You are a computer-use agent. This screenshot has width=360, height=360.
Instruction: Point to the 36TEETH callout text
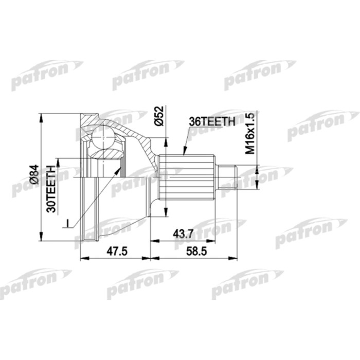coord(211,121)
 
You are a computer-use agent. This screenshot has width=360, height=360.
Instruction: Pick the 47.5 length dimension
coord(115,251)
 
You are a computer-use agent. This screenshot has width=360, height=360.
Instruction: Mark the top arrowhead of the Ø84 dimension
coord(41,117)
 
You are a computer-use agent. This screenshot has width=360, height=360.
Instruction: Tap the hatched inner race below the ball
coord(106,154)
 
